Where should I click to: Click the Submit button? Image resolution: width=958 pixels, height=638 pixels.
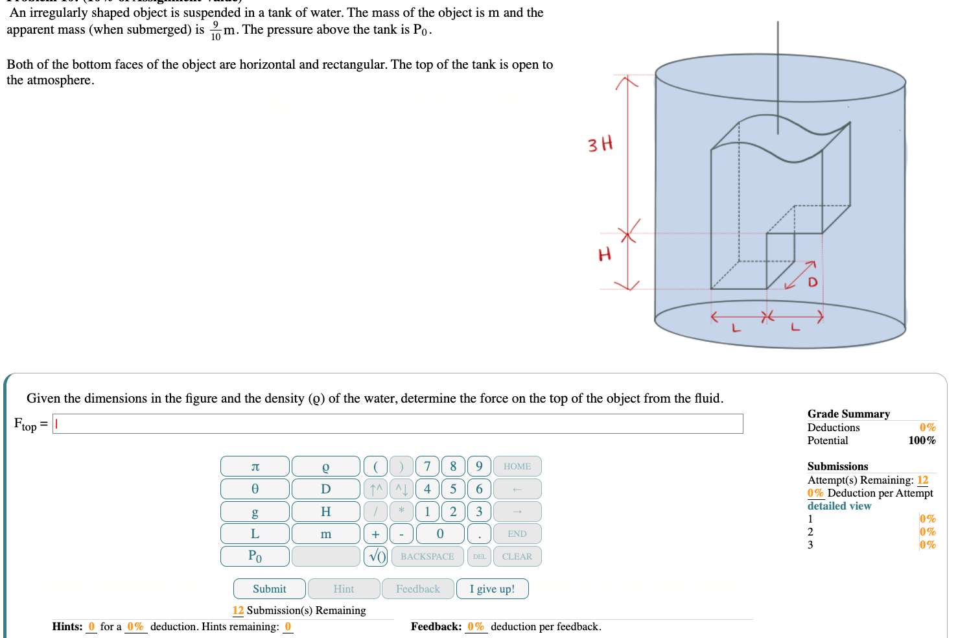(269, 589)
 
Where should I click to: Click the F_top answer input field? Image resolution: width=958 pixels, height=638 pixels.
(397, 424)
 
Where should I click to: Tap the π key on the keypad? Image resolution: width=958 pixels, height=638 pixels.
(255, 466)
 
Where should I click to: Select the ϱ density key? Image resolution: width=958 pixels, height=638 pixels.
(325, 466)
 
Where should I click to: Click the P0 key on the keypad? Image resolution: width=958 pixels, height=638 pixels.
(255, 556)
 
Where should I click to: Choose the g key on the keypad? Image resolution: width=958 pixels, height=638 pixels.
(255, 512)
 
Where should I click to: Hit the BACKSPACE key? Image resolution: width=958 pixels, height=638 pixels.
(427, 556)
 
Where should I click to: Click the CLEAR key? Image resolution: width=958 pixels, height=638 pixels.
(517, 556)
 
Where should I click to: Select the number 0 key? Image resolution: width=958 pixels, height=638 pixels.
(440, 534)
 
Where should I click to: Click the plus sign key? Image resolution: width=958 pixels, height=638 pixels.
(375, 534)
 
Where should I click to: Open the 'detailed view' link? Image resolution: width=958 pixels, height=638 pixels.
(839, 506)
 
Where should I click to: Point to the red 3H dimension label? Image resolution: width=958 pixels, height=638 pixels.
(600, 144)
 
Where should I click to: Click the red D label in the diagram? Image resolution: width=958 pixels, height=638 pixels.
(812, 283)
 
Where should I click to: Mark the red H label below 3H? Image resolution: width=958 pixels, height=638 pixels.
(604, 254)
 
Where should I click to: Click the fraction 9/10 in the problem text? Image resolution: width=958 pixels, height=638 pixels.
(215, 30)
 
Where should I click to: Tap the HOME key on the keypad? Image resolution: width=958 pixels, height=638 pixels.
(517, 466)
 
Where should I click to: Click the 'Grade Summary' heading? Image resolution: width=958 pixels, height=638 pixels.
(848, 414)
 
